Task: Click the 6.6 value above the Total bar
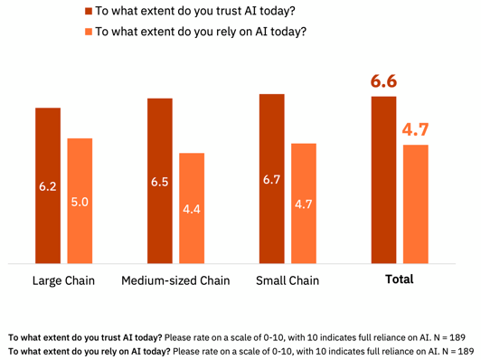coord(383,81)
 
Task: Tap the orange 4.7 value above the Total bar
coord(416,130)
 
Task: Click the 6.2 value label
coord(48,187)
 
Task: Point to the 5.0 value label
coord(80,203)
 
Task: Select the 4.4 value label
coord(192,209)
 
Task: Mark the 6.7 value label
coord(272,180)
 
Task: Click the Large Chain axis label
coord(63,280)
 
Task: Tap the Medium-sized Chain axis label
coord(175,280)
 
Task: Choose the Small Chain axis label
coord(288,280)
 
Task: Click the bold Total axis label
coord(400,279)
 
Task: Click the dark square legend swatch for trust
coord(89,12)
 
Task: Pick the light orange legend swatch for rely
coord(89,32)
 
